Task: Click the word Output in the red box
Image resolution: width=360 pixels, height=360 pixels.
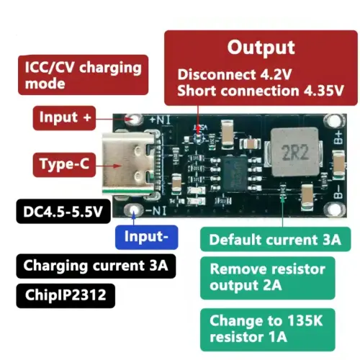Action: pos(261,48)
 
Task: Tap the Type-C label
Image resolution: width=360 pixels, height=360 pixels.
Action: pos(64,165)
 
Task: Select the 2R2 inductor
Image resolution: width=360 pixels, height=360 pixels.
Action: pos(294,152)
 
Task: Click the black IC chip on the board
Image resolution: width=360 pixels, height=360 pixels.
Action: pos(234,174)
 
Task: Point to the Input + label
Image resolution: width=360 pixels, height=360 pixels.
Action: pos(64,118)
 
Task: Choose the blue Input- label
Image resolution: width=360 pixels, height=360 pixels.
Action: pos(147,237)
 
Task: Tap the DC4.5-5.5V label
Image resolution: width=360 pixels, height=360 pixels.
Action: pos(63,212)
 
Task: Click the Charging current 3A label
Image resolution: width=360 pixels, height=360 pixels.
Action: pos(96,266)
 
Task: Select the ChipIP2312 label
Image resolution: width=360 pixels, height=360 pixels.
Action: pos(66,295)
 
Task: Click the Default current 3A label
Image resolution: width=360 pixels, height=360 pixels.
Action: pos(275,239)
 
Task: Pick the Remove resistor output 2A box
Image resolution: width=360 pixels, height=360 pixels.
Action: pos(268,278)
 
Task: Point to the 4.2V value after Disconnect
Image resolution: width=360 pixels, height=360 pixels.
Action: pos(276,74)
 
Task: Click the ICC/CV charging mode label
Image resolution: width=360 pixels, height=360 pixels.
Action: pos(84,75)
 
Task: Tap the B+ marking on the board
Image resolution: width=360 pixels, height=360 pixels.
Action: pos(338,138)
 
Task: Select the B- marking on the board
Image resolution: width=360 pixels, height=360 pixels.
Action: pos(338,192)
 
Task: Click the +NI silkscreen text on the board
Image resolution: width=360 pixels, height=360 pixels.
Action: pos(160,120)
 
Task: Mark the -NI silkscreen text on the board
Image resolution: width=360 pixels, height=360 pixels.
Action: pos(156,211)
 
